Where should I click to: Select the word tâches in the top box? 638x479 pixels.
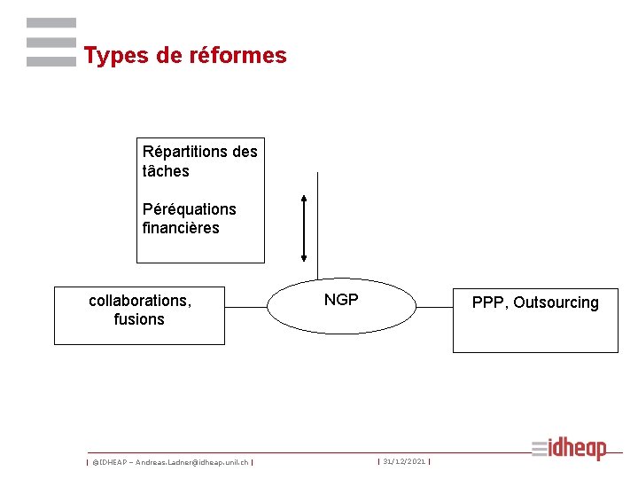pyautogui.click(x=166, y=171)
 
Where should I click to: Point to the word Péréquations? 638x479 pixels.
pyautogui.click(x=190, y=209)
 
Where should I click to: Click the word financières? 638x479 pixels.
pyautogui.click(x=181, y=228)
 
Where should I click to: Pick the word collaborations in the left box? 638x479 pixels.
pyautogui.click(x=139, y=301)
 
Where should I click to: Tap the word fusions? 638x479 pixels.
pyautogui.click(x=139, y=319)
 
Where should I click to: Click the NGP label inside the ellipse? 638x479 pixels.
pyautogui.click(x=341, y=300)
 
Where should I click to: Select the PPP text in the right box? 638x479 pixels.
pyautogui.click(x=487, y=302)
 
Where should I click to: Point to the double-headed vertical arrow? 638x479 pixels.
pyautogui.click(x=304, y=228)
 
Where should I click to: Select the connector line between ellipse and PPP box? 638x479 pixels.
pyautogui.click(x=434, y=307)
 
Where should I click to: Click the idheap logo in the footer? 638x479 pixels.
pyautogui.click(x=570, y=449)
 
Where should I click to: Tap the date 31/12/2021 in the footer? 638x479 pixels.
pyautogui.click(x=404, y=461)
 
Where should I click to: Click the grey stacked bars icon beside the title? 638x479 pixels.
pyautogui.click(x=51, y=42)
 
